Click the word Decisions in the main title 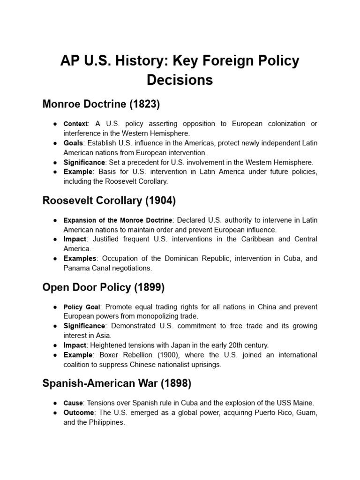(x=180, y=80)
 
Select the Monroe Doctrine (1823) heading (x=101, y=104)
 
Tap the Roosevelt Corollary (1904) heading (x=109, y=201)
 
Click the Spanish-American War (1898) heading (x=117, y=383)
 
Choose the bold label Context (x=75, y=124)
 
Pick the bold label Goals (x=73, y=143)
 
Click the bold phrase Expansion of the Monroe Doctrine (x=118, y=220)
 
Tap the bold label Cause (x=73, y=403)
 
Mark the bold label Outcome (x=78, y=412)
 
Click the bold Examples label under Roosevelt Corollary (x=80, y=258)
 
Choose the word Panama (x=75, y=268)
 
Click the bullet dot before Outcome (x=55, y=413)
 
